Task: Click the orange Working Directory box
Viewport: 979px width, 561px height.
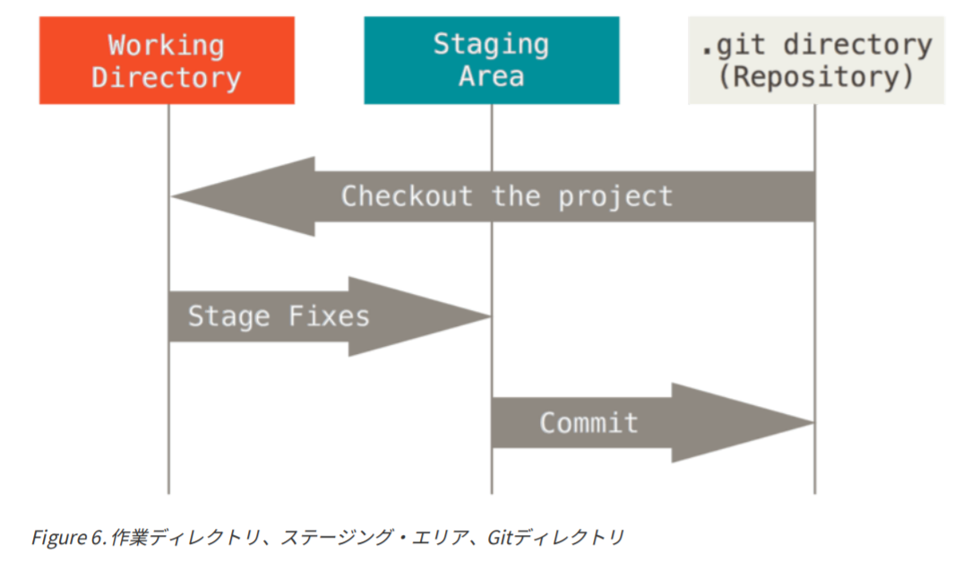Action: pos(167,60)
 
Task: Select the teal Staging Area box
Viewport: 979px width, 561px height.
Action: pos(492,60)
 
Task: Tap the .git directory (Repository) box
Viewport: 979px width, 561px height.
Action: pos(816,60)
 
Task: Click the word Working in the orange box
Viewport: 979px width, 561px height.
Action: pos(166,46)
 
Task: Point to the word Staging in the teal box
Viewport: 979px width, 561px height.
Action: pos(492,45)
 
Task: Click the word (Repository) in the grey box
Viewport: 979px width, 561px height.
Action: pos(816,77)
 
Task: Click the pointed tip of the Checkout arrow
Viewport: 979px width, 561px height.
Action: pos(172,197)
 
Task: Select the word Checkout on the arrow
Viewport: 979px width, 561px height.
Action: pos(407,196)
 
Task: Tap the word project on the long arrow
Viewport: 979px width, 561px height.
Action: pos(615,197)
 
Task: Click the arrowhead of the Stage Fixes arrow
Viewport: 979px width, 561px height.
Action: pos(419,316)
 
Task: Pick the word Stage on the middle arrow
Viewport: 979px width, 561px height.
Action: pos(229,316)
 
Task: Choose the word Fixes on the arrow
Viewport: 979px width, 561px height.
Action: pos(329,316)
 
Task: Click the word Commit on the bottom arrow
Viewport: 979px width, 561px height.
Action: pos(588,423)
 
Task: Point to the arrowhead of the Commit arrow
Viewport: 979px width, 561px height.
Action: pos(743,423)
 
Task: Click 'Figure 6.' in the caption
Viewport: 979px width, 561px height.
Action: pos(69,538)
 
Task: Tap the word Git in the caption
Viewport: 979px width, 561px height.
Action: pos(500,538)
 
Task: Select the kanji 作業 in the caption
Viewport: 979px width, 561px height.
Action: pos(130,538)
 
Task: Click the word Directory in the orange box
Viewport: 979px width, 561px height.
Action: pos(166,78)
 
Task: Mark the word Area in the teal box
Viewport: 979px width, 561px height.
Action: pos(492,76)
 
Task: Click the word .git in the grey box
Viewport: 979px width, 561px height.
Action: pos(733,46)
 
